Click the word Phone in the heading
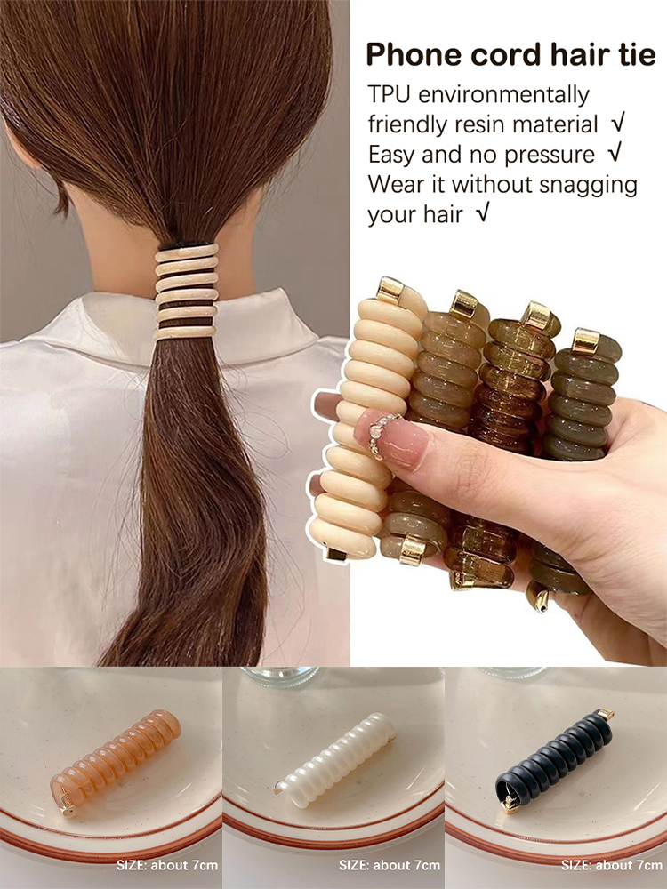click(x=414, y=54)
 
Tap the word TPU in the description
click(x=389, y=95)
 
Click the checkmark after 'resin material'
click(x=618, y=123)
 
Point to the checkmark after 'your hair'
click(x=482, y=213)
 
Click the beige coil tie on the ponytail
click(x=186, y=292)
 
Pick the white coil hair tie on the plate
click(x=335, y=760)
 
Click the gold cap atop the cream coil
click(x=390, y=291)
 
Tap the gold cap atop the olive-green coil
click(x=585, y=341)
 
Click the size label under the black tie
click(x=612, y=865)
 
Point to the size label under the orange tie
click(x=167, y=865)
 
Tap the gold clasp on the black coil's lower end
click(x=510, y=803)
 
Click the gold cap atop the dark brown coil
click(x=536, y=316)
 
